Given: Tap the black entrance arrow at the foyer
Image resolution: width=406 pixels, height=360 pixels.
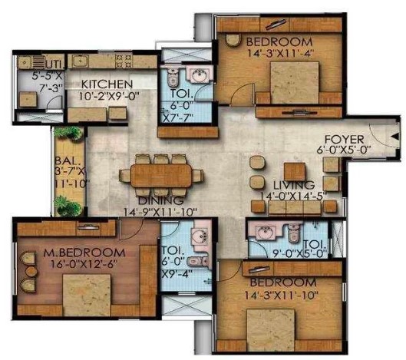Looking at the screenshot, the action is tap(395, 137).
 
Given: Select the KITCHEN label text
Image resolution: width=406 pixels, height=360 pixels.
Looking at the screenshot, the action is tap(107, 84).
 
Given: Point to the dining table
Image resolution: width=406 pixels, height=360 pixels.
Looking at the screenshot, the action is tap(161, 176).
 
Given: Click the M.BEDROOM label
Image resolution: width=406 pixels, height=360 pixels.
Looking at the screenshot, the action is tap(84, 253).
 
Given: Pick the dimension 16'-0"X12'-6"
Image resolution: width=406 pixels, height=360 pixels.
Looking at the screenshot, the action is tap(84, 264).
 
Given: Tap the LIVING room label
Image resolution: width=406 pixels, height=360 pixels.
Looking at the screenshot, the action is tap(294, 185).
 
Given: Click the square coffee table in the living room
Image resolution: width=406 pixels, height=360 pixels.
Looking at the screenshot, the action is tap(295, 172).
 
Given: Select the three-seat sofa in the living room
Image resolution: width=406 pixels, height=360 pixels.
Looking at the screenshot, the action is tap(295, 208).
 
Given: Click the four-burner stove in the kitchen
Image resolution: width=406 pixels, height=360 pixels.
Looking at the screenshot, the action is tap(124, 61).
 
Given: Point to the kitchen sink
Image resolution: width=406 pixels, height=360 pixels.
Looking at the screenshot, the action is tap(80, 61).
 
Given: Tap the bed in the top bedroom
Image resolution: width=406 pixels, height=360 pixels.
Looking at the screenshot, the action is tap(295, 82).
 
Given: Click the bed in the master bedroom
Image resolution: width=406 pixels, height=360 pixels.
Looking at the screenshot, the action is tap(87, 296).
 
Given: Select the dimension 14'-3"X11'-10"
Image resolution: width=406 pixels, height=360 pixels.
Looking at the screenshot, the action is tap(281, 295).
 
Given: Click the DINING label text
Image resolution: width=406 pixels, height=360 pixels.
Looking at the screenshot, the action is tap(160, 200).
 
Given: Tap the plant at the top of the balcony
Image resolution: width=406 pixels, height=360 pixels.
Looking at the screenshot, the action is tap(68, 134).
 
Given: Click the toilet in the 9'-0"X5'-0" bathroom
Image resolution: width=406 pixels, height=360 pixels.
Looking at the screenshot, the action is tap(294, 233).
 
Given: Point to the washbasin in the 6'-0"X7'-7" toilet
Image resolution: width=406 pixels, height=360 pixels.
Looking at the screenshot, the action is tap(199, 74).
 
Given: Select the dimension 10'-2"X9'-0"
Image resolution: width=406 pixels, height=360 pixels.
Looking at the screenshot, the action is tap(109, 97).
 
